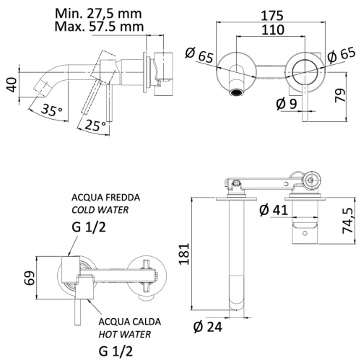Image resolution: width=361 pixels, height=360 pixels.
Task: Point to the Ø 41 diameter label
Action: coord(273,209)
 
